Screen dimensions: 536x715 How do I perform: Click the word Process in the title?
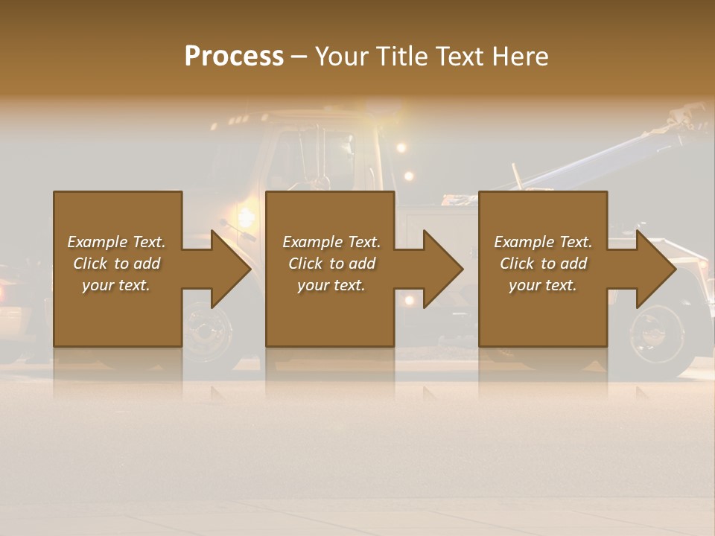click(x=234, y=57)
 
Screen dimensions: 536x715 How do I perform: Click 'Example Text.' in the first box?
click(x=116, y=242)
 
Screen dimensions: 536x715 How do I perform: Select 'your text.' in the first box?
click(x=116, y=285)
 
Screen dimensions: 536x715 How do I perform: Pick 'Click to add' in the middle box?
click(x=331, y=264)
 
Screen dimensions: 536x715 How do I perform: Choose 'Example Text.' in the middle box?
click(x=331, y=242)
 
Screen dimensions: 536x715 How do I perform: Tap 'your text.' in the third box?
click(x=543, y=285)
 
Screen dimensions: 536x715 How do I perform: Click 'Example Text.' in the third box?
click(x=543, y=242)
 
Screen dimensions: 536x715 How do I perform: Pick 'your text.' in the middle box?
click(x=331, y=285)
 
